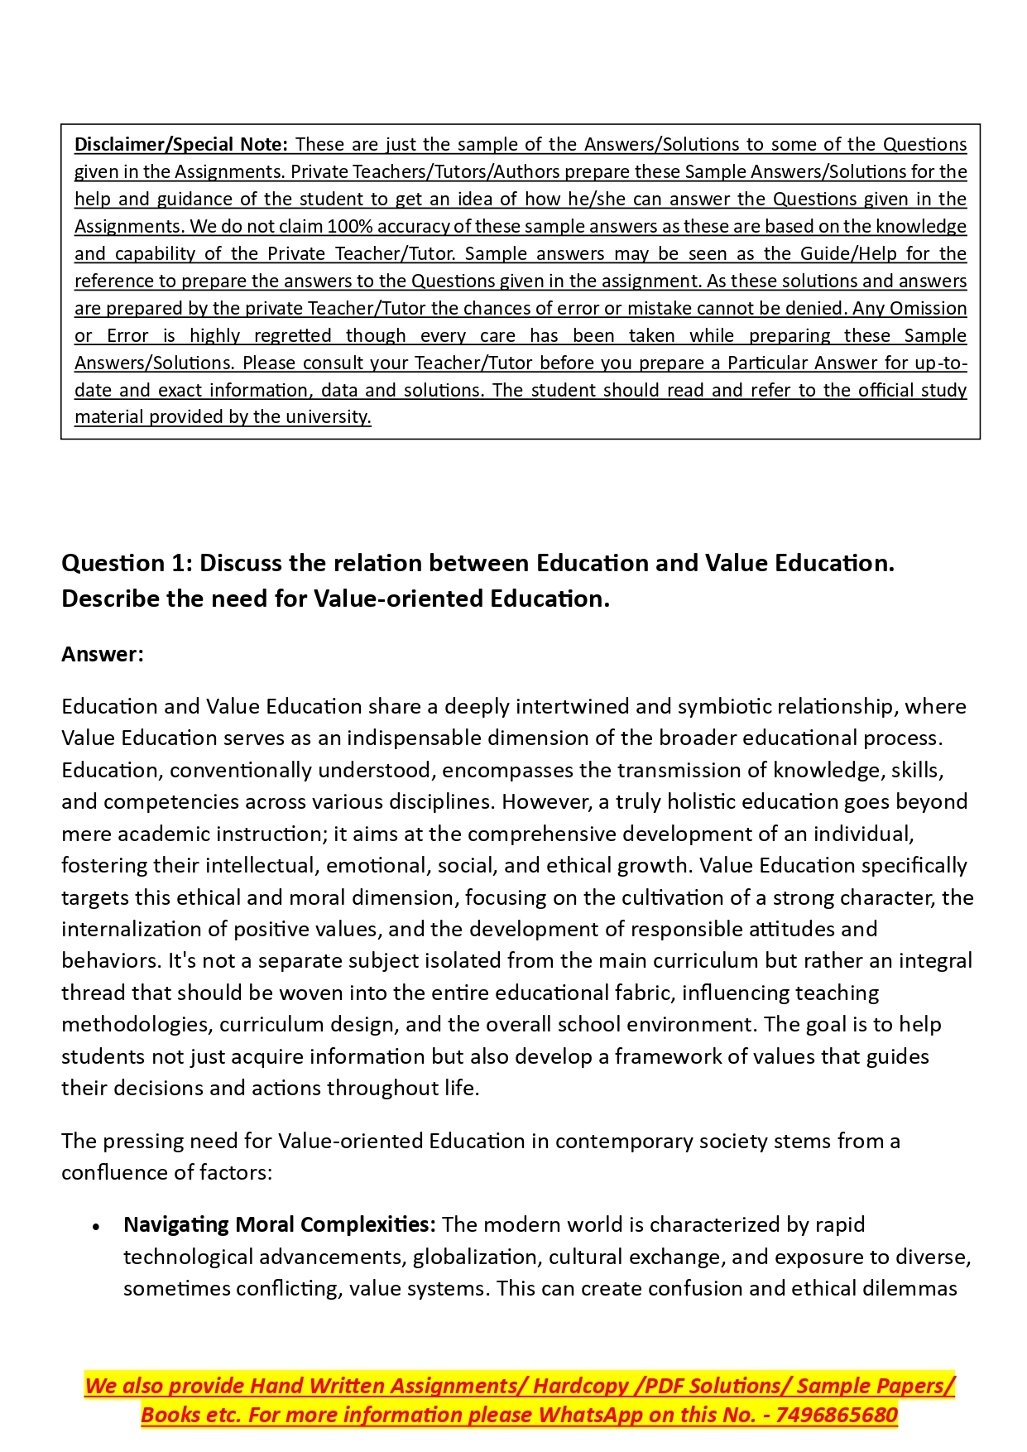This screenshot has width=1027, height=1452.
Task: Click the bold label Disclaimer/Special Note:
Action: click(x=180, y=144)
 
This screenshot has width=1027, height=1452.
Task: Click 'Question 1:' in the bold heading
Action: click(x=127, y=563)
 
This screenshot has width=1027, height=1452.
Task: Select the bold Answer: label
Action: click(x=103, y=654)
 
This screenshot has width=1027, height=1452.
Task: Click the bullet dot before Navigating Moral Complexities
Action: click(x=97, y=1226)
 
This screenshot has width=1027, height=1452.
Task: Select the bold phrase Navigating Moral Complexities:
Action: click(x=279, y=1224)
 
